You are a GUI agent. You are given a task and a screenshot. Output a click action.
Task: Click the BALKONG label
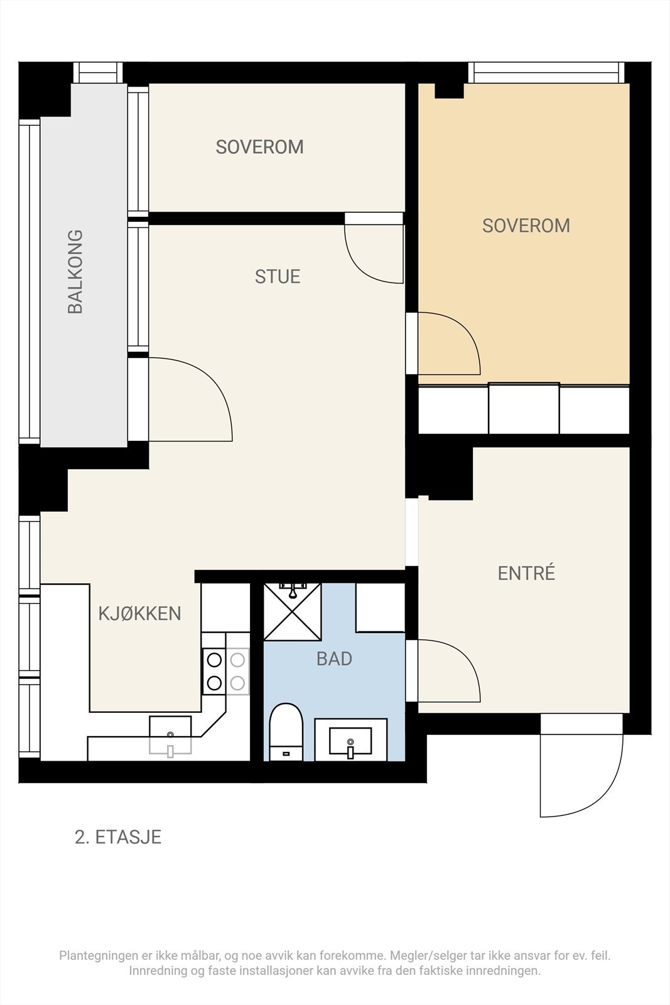click(x=75, y=271)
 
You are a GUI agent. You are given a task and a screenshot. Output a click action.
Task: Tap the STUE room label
click(x=278, y=276)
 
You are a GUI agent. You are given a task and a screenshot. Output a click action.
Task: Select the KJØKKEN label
click(x=139, y=614)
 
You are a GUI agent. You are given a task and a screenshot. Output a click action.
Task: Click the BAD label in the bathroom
click(x=334, y=659)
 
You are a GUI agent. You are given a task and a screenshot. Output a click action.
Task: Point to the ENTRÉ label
click(x=526, y=573)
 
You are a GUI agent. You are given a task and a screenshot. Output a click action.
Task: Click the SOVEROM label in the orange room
click(x=526, y=225)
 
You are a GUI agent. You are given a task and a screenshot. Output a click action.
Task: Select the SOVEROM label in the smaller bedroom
click(x=259, y=147)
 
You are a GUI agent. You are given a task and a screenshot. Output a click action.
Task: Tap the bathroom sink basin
click(x=350, y=741)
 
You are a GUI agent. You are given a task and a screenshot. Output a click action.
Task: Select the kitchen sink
click(x=170, y=734)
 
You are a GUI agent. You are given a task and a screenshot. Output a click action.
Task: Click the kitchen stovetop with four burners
click(x=225, y=671)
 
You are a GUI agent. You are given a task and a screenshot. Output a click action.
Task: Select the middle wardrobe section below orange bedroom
click(x=524, y=409)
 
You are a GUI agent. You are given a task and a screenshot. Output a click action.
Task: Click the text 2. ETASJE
click(x=118, y=837)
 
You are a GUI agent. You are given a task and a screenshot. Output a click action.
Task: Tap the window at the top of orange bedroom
click(x=546, y=73)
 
